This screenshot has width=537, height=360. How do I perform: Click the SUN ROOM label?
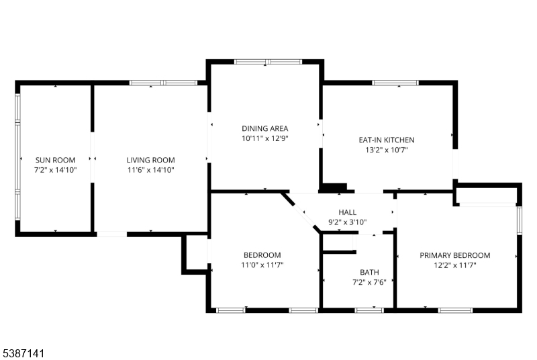coord(55,160)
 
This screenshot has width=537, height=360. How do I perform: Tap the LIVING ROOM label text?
coord(150,160)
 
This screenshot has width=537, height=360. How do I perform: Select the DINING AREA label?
coord(265,128)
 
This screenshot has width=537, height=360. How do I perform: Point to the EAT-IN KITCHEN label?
coord(386,140)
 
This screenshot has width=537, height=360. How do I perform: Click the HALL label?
coord(347,212)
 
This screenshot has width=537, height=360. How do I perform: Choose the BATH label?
coord(369,272)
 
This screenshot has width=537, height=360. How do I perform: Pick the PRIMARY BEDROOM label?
coord(454,255)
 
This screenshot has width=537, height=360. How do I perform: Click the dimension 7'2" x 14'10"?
coord(55,171)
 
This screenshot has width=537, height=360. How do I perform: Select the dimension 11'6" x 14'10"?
coord(150,171)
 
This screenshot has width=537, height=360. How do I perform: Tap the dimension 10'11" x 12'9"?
coord(265,138)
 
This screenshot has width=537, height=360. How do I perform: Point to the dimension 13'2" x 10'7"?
coord(386,150)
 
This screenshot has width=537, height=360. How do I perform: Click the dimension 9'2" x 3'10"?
coord(347,222)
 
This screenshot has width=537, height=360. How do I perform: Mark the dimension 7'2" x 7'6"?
coord(369,282)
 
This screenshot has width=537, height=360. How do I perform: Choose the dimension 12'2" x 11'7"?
coord(454,265)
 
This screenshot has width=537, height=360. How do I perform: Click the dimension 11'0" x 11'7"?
coord(262,265)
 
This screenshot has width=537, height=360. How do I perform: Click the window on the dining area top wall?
coord(268,62)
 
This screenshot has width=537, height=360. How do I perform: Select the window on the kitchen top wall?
coord(394,83)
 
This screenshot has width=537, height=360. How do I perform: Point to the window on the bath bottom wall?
coord(369,310)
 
